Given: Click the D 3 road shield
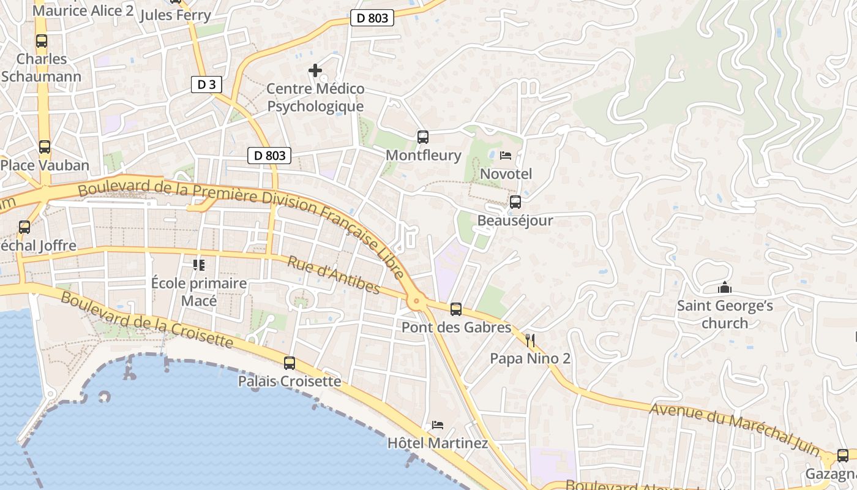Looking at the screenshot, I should coord(206,85).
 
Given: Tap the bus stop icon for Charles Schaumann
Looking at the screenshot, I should coord(42,42).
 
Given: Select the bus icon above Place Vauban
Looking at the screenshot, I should coord(45,147).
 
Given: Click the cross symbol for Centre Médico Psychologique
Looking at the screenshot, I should coord(315,70).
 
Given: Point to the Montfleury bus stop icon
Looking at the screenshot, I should coord(422,137).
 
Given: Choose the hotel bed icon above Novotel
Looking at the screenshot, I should coord(506,156).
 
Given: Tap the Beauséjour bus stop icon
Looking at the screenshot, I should coord(515,202).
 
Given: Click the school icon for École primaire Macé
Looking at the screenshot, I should coord(199,265).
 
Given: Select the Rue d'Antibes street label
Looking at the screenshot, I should coord(334,275).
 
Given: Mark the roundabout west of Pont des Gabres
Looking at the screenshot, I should coord(417,300).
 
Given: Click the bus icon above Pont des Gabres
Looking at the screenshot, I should coord(456,309).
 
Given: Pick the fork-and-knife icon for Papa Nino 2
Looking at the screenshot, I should coord(530,341).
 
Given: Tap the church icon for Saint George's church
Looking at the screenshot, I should coord(724,287).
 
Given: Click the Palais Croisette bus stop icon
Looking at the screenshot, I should coord(290,363).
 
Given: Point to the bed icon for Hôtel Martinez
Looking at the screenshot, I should coord(438,424).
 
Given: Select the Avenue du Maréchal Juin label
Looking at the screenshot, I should coord(735,429).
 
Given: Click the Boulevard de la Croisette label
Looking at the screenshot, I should coord(147,320).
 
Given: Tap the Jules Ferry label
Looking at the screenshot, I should coord(175,15).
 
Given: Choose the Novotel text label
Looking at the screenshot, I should coord(506,174).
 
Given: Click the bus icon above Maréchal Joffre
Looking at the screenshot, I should coord(24,227).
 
